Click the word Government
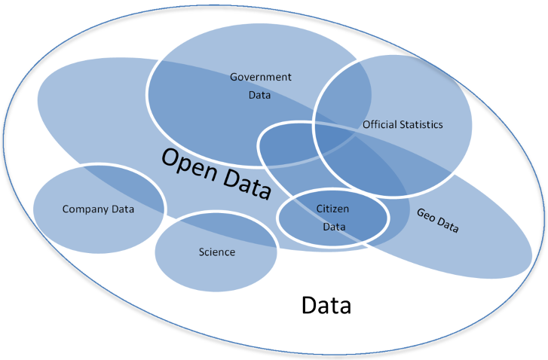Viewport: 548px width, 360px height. click(260, 77)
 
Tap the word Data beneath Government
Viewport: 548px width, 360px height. click(260, 96)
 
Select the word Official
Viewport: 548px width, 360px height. click(379, 124)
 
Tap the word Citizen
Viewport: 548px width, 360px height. click(332, 207)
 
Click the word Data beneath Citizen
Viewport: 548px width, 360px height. click(332, 225)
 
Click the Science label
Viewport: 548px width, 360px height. click(216, 252)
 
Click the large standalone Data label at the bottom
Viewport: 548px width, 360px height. click(326, 306)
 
